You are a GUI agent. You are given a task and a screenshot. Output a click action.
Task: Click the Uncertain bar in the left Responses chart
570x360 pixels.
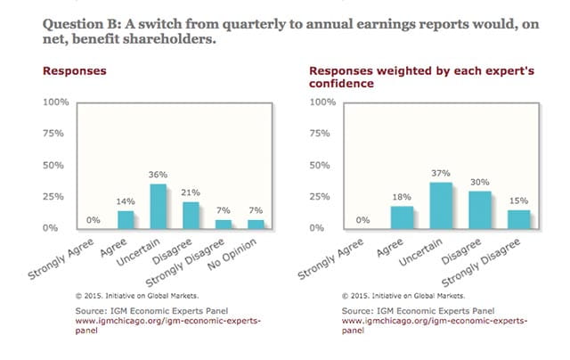click(159, 206)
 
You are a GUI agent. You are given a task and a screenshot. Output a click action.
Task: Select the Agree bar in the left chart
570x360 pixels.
click(126, 219)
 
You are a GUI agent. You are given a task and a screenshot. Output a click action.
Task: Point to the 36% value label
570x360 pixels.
click(159, 175)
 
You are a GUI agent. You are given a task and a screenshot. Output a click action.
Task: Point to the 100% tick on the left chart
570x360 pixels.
click(55, 103)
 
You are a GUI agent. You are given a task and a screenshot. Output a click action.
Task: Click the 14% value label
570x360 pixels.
click(126, 202)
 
